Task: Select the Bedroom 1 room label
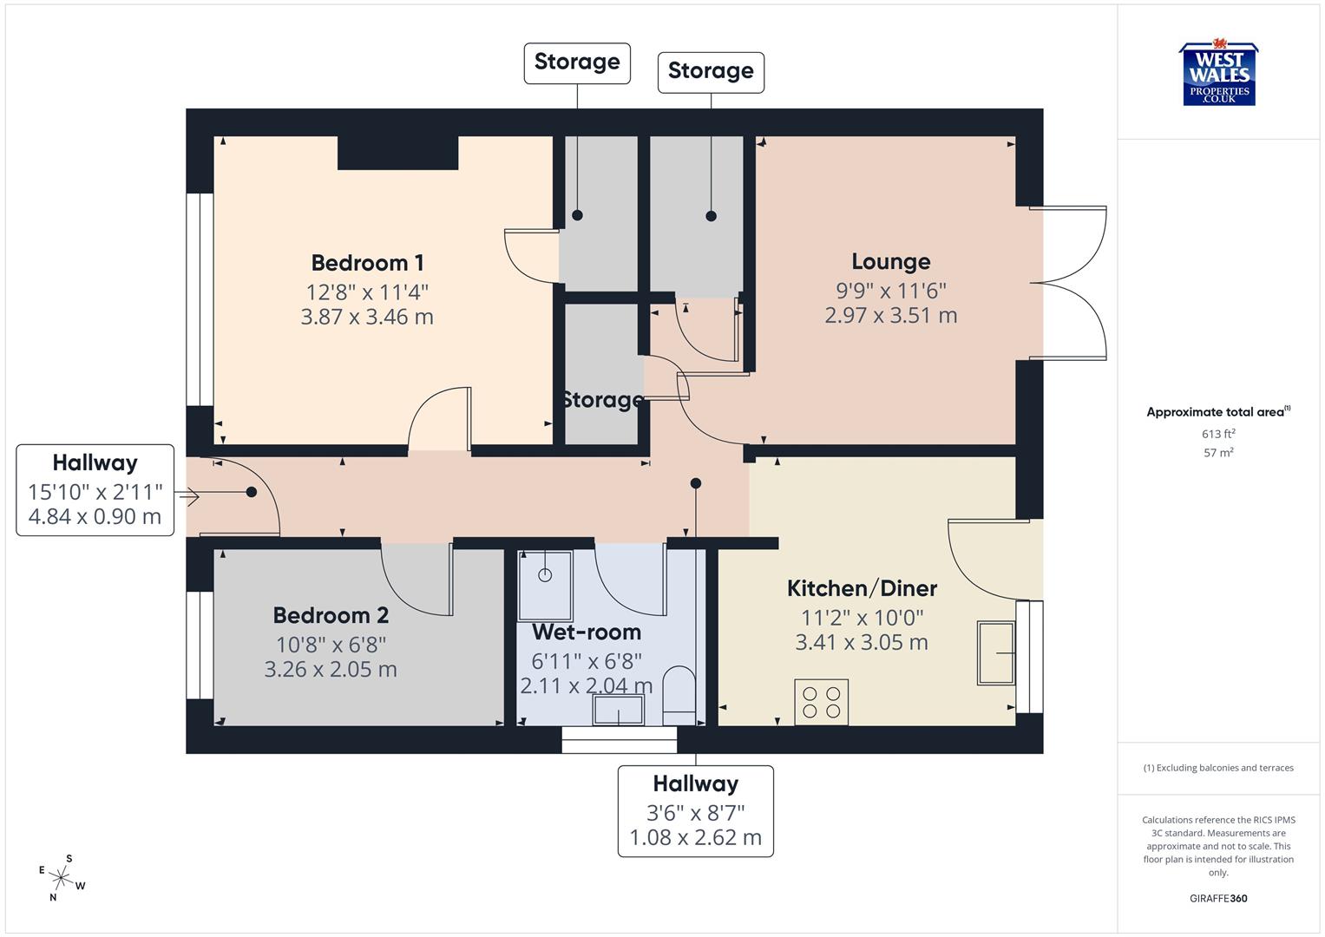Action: (367, 263)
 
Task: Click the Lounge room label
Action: (890, 261)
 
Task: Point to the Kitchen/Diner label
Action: (862, 588)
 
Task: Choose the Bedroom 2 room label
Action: (331, 615)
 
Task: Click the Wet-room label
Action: (587, 632)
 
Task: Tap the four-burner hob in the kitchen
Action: (821, 702)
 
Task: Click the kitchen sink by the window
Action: (996, 652)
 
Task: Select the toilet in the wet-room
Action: (679, 695)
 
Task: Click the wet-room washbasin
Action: (618, 712)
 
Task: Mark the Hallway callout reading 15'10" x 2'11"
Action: (95, 490)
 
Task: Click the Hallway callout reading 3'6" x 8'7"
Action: (695, 811)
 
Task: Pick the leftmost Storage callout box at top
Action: (577, 62)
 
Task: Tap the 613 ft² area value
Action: (1218, 434)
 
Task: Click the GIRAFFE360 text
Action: (1218, 898)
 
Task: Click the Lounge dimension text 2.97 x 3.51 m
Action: (890, 316)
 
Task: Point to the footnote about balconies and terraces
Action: (1218, 768)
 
